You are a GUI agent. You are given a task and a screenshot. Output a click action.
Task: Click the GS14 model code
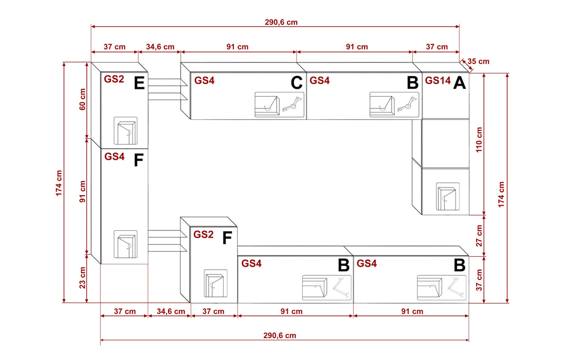437,81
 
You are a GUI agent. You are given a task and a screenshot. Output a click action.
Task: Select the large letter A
459,83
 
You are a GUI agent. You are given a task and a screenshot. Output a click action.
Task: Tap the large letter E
139,83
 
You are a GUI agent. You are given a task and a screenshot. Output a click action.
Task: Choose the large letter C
296,83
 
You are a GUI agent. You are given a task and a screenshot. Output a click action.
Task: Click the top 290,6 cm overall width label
280,22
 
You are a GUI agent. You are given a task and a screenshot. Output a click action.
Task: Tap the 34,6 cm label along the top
160,47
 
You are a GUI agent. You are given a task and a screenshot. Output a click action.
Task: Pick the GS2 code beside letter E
114,79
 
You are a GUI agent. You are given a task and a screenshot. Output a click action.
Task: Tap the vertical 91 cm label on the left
82,192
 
